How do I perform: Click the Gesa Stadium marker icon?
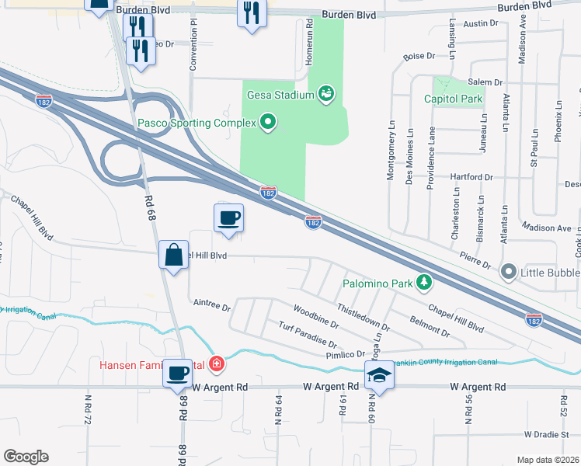[327, 96]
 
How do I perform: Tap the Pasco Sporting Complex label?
[198, 123]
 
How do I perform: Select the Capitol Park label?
[454, 99]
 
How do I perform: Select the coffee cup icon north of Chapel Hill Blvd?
[228, 217]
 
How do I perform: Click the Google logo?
[25, 457]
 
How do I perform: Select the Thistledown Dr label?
[364, 318]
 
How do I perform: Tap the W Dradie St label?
[547, 434]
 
